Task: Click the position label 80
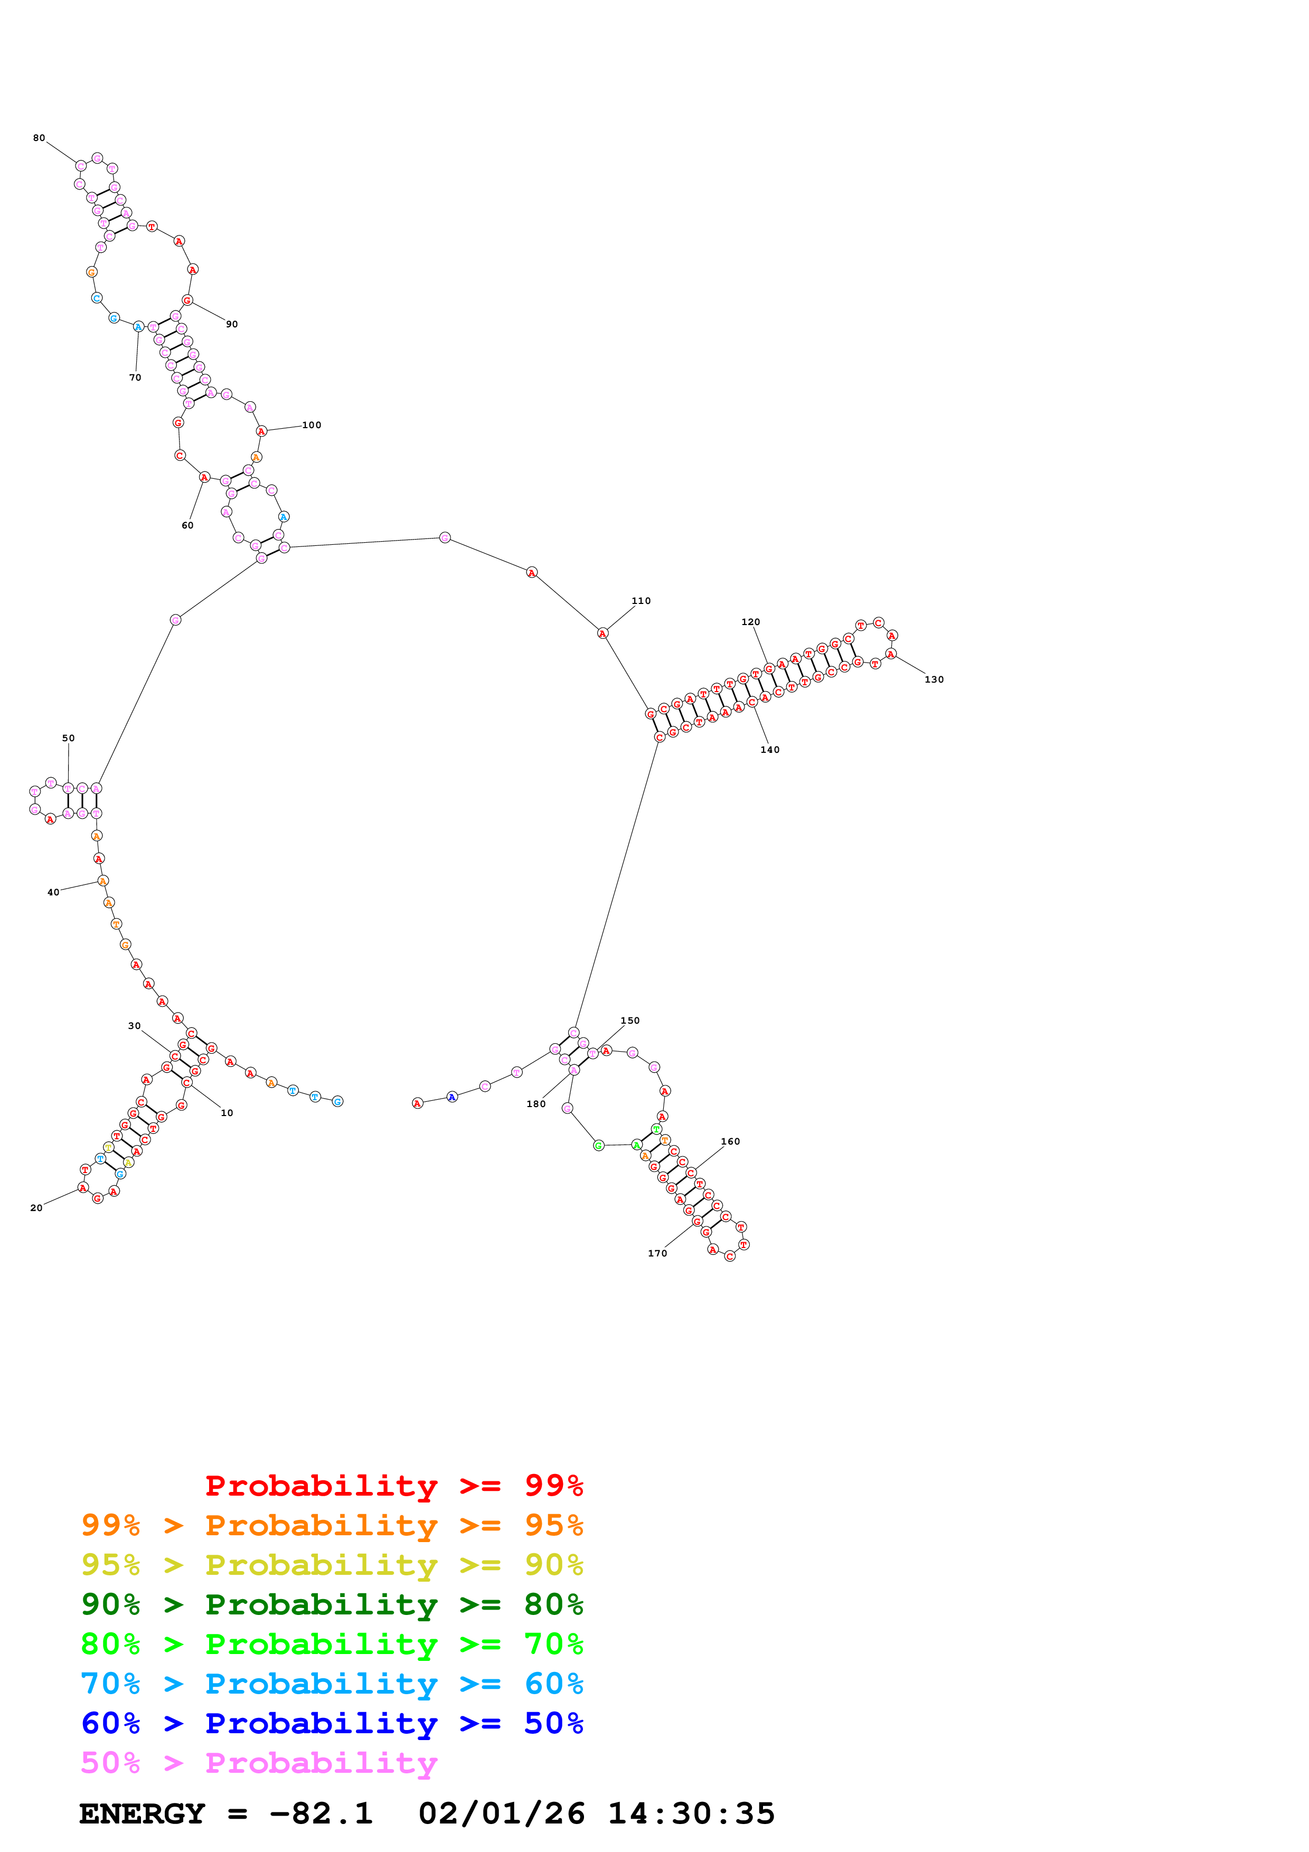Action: [x=39, y=138]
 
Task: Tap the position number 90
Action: [x=231, y=324]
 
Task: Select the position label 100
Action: [x=312, y=425]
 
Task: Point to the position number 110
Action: [x=641, y=601]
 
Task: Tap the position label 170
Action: [x=657, y=1253]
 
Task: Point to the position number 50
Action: [x=69, y=738]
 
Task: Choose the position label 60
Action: [x=187, y=525]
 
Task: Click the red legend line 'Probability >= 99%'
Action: [x=393, y=1485]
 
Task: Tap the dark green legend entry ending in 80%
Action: [x=332, y=1604]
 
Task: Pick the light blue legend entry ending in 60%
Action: [x=332, y=1684]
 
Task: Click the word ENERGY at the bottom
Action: [x=142, y=1814]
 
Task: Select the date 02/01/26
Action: [x=502, y=1814]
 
